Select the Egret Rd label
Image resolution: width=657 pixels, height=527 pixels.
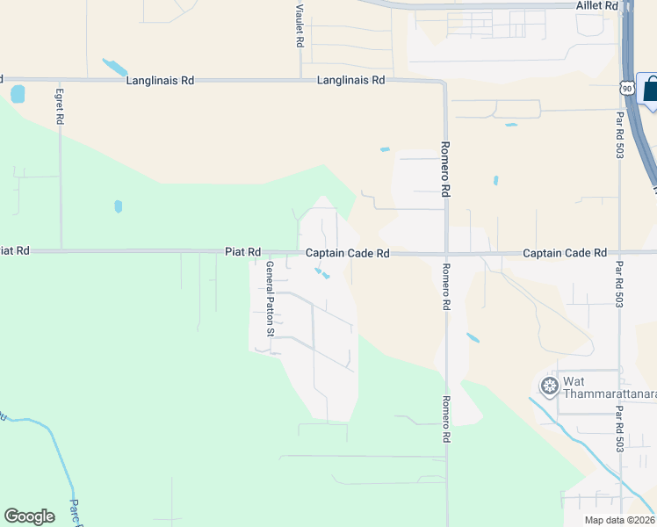tap(60, 105)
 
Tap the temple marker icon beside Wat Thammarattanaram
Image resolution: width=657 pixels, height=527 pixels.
tap(550, 386)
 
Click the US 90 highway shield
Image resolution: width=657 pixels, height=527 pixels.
tap(625, 88)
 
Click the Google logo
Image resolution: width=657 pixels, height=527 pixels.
tap(29, 516)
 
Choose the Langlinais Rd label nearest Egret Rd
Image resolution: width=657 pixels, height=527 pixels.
tap(160, 80)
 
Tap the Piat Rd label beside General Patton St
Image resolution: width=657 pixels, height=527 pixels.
tap(242, 252)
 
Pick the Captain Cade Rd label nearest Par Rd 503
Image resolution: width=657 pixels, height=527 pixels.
tap(564, 253)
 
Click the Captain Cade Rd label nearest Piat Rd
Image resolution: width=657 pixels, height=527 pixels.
tap(347, 253)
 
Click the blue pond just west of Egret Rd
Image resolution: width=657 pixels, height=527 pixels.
tap(18, 94)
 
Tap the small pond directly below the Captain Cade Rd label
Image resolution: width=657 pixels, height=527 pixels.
tap(325, 276)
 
